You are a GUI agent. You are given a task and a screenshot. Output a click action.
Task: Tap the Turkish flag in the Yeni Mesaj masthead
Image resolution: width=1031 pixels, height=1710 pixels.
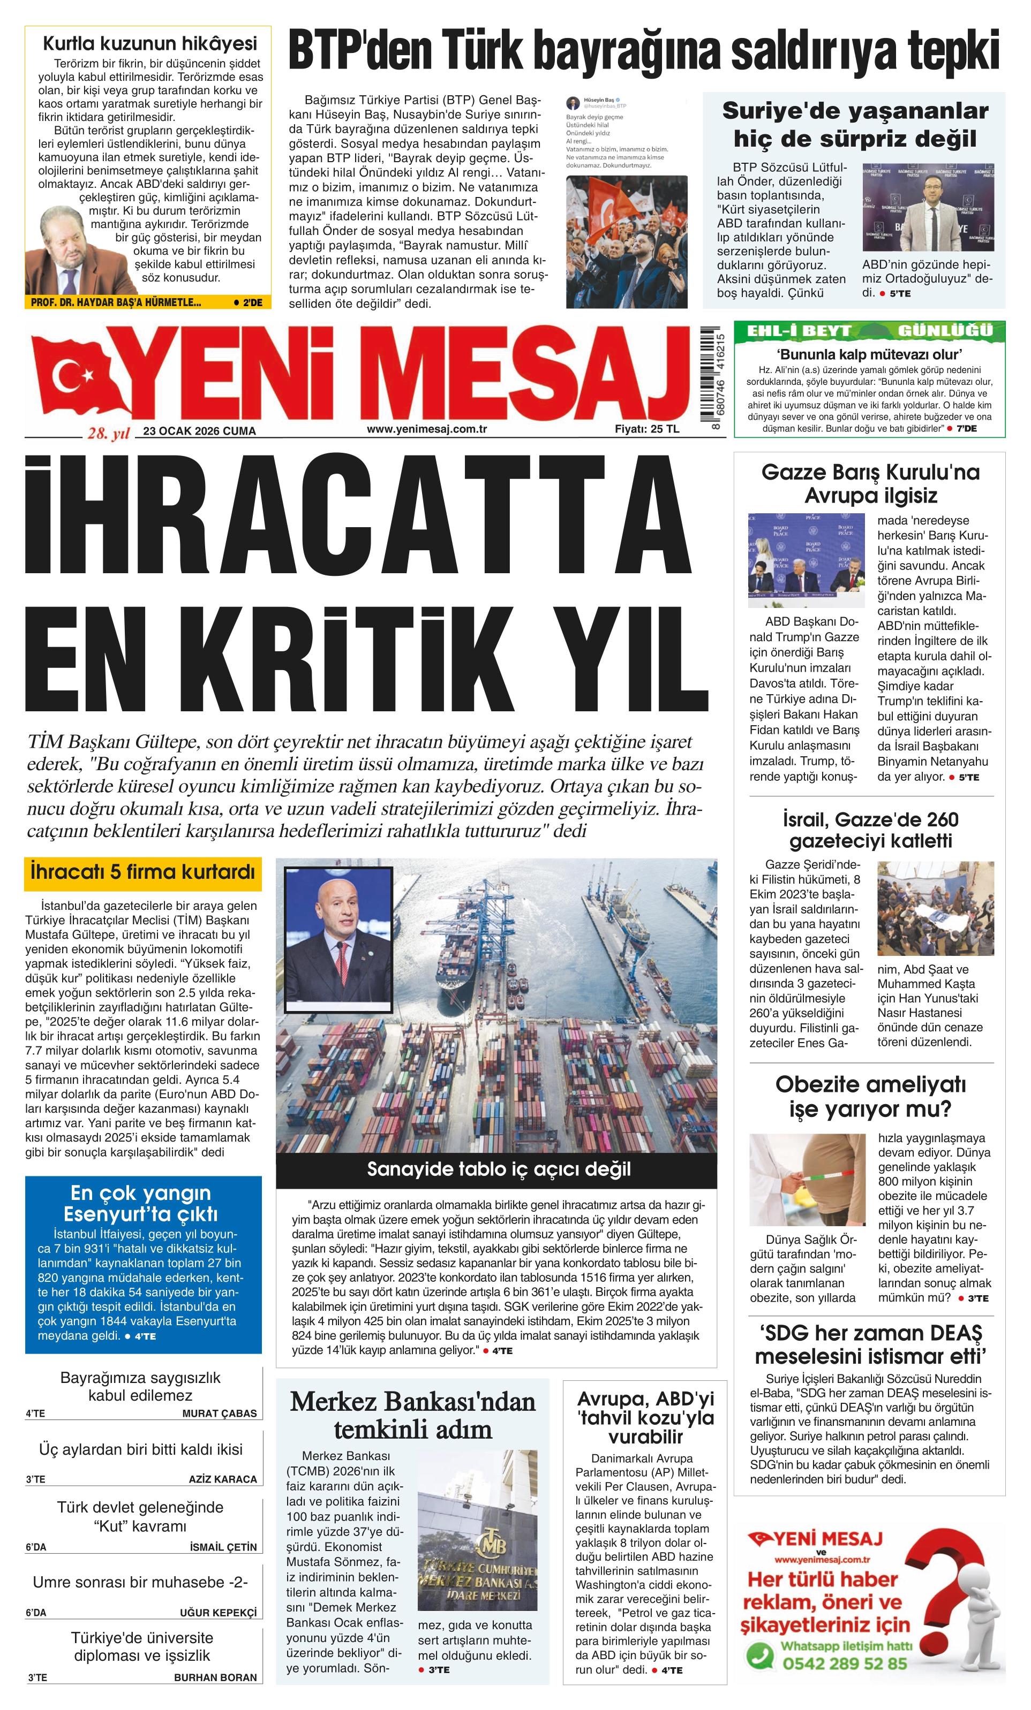pos(77,378)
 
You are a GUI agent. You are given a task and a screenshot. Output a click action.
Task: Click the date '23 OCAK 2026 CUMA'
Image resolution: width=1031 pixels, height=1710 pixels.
pos(199,431)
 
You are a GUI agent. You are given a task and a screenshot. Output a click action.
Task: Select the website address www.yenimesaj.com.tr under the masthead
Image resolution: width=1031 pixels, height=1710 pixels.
pos(426,429)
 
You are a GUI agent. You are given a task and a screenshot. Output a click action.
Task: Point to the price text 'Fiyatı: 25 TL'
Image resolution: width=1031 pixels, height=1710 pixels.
pos(646,429)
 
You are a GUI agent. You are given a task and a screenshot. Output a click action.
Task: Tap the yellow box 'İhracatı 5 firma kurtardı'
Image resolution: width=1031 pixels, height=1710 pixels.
pos(143,872)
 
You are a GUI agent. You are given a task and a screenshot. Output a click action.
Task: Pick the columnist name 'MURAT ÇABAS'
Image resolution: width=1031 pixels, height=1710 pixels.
pos(219,1413)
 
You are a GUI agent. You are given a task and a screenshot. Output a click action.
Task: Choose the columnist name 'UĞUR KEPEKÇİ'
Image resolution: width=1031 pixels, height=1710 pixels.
pos(218,1613)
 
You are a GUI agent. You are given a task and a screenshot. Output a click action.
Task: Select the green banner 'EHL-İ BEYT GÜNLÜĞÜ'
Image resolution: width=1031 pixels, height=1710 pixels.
pos(869,330)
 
